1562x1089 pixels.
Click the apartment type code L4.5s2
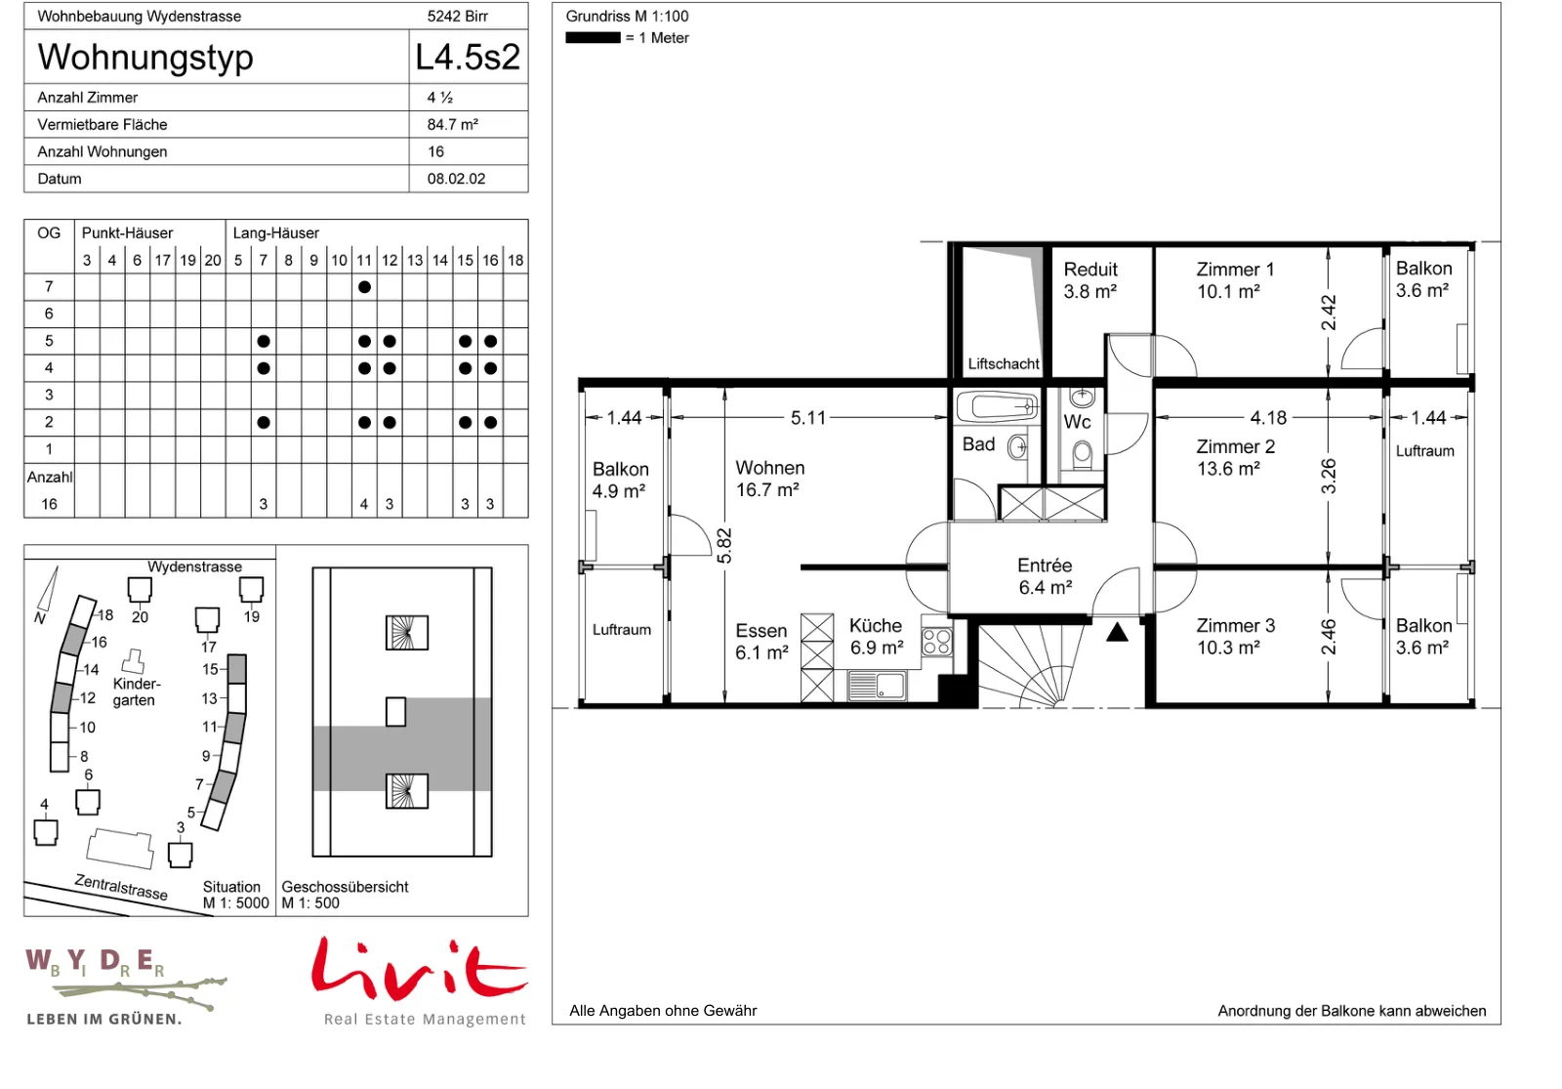click(x=468, y=58)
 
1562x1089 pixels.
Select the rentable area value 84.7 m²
click(x=453, y=124)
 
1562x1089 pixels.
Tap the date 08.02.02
click(x=456, y=179)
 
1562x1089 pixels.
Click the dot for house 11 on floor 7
click(x=364, y=287)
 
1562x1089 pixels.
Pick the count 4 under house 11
click(x=364, y=504)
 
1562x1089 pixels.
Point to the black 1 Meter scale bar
click(x=593, y=38)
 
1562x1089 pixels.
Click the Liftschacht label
click(x=1004, y=363)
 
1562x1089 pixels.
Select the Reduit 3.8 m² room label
click(x=1089, y=280)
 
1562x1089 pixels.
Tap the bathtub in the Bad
click(x=997, y=406)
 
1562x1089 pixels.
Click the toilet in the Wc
click(x=1083, y=455)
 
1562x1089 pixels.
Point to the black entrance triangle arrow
click(x=1117, y=632)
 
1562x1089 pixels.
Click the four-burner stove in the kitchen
click(x=936, y=642)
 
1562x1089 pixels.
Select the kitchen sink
click(x=878, y=685)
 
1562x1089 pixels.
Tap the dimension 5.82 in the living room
click(x=724, y=546)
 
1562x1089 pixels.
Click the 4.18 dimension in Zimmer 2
click(x=1268, y=418)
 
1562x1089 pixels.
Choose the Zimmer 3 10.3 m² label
click(x=1236, y=636)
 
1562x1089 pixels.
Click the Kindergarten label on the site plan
click(x=137, y=691)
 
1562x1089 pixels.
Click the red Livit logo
click(x=419, y=970)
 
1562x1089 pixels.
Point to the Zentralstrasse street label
click(x=121, y=888)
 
